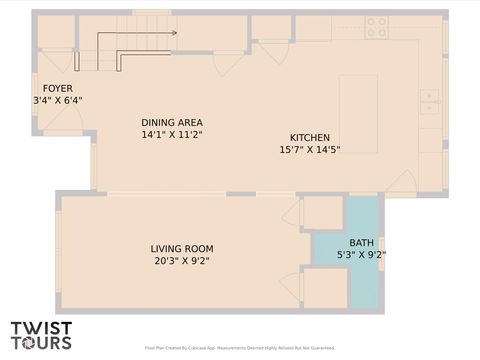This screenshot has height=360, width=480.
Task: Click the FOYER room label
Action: [50, 88]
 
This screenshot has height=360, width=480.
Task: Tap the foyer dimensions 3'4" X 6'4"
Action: [58, 100]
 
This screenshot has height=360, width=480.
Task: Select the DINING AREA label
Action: [172, 122]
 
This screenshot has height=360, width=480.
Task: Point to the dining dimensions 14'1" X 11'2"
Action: [172, 134]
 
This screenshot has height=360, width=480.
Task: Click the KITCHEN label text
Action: [310, 138]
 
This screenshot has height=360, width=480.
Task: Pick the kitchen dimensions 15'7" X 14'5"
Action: [310, 150]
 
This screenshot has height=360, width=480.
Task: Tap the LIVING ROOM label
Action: [182, 249]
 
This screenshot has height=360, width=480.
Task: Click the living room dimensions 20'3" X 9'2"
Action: [182, 261]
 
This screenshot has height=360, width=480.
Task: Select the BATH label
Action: [362, 243]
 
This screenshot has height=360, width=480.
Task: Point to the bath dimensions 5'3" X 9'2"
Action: [362, 255]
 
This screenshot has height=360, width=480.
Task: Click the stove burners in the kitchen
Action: [376, 28]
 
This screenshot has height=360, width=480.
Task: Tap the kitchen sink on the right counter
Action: [429, 101]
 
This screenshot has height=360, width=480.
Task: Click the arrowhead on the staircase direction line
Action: [174, 33]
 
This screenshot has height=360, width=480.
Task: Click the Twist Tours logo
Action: [41, 334]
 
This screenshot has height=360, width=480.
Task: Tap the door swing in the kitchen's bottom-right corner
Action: [402, 182]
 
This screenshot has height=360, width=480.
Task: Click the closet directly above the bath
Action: [323, 213]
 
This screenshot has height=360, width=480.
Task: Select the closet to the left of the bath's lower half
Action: [324, 288]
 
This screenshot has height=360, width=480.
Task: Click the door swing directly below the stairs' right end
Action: [229, 63]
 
